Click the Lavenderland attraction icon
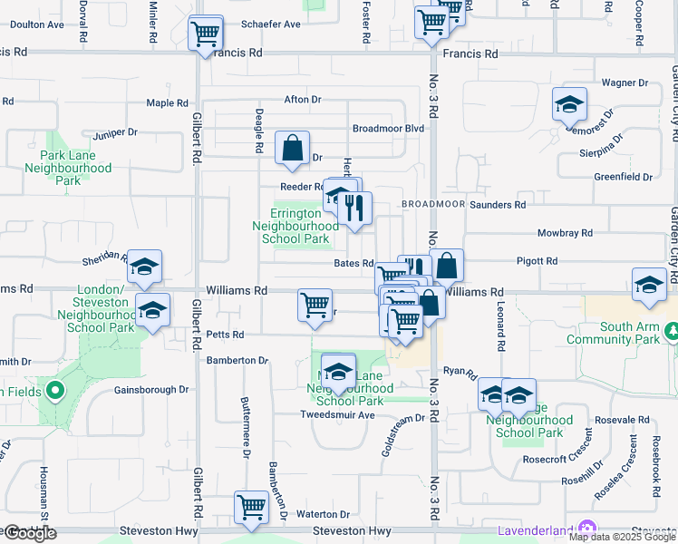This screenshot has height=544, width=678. (x=587, y=529)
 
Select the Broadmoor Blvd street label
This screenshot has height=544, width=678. (x=388, y=129)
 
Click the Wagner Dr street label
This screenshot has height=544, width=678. (x=625, y=83)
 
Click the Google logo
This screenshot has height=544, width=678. (x=30, y=533)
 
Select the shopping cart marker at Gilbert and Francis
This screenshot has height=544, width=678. (x=205, y=34)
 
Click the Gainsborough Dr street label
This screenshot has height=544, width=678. (x=150, y=390)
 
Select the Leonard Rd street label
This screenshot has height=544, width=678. (x=499, y=330)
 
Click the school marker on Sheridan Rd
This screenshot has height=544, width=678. (x=144, y=267)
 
